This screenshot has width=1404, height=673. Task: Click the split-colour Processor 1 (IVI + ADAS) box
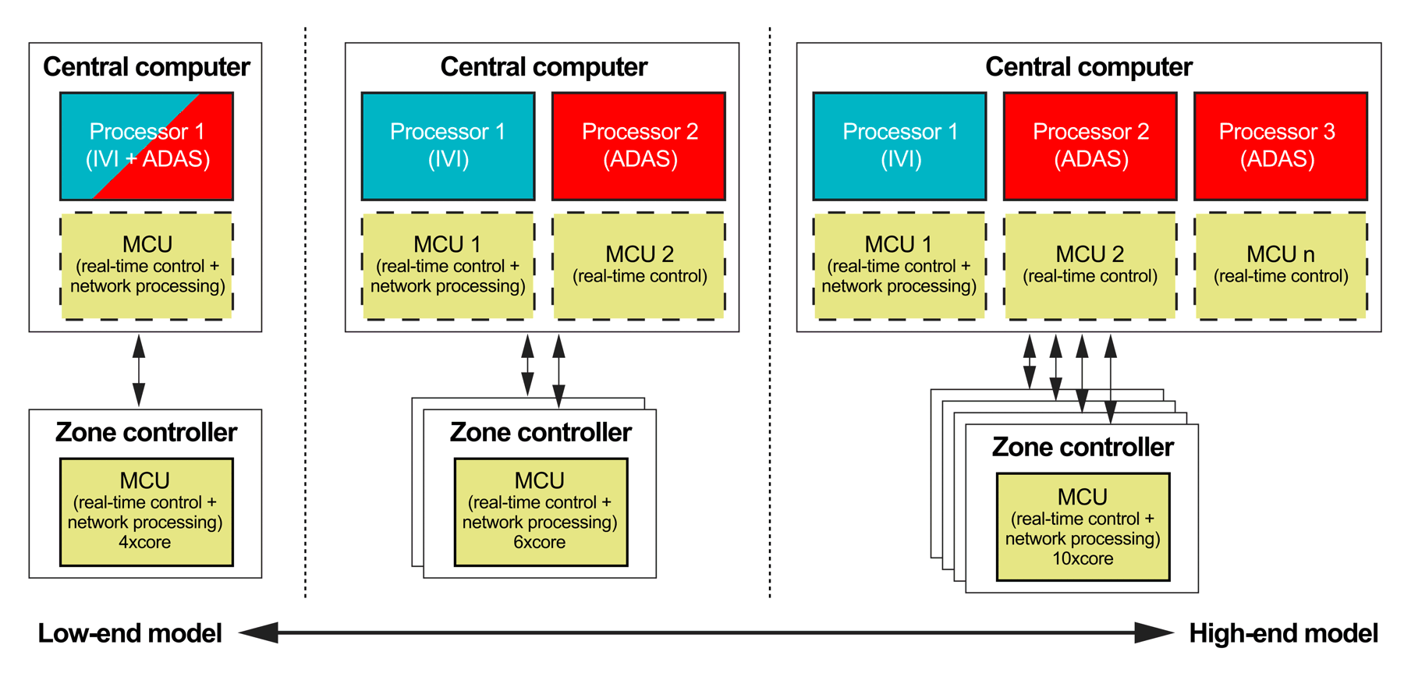147,146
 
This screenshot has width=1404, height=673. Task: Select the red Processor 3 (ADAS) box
1280,146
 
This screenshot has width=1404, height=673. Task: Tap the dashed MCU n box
1280,265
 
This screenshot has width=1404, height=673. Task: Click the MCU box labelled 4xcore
147,512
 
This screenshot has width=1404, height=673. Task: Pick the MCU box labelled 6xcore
541,512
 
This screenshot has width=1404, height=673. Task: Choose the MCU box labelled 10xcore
1083,527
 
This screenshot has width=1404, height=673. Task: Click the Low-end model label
130,633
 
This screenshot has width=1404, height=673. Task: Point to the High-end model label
1283,633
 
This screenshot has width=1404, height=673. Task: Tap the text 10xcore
1083,558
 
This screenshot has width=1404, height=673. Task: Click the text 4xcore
145,542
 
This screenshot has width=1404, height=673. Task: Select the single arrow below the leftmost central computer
139,370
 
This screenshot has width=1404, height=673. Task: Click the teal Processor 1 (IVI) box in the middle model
448,146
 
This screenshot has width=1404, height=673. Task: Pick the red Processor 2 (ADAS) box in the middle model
639,146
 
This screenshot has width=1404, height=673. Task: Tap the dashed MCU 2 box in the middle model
639,265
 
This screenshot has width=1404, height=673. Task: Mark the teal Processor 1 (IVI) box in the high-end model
899,146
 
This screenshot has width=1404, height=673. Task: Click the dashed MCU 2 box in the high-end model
1090,265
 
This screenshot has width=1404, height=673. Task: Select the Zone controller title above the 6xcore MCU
541,432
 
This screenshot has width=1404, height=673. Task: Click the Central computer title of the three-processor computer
1088,67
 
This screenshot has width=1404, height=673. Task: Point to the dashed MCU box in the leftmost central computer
147,265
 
